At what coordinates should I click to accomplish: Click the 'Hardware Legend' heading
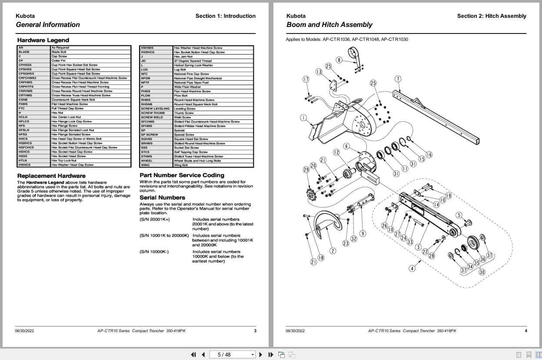43,40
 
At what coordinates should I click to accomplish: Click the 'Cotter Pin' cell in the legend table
59,60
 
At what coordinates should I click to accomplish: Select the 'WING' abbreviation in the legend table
145,165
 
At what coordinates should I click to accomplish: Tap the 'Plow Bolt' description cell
180,96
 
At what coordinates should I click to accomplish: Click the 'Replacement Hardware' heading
51,176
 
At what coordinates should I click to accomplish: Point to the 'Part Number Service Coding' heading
182,175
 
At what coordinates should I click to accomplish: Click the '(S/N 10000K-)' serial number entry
154,252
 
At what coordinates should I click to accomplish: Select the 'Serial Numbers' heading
162,197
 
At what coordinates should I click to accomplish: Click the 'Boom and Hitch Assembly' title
329,25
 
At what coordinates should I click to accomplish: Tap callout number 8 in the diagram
339,60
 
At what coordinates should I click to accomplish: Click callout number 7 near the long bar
398,79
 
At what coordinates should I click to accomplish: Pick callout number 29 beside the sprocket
306,169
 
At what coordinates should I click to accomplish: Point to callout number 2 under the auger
333,251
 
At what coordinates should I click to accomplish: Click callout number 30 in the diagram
482,272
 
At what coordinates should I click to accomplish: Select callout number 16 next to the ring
429,155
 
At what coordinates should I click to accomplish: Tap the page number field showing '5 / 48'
233,354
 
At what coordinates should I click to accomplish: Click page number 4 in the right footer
525,331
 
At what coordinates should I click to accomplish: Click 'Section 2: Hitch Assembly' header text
491,16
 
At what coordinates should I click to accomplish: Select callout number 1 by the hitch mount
303,117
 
